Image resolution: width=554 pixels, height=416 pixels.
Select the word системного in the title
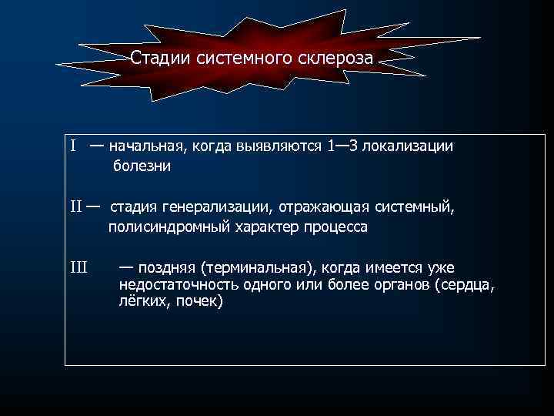click(x=235, y=58)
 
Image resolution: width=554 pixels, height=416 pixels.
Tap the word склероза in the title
click(x=333, y=58)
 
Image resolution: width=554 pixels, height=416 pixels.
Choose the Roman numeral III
click(x=78, y=267)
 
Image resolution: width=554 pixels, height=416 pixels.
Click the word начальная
click(x=144, y=146)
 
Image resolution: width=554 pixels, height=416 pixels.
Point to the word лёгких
click(x=144, y=302)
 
